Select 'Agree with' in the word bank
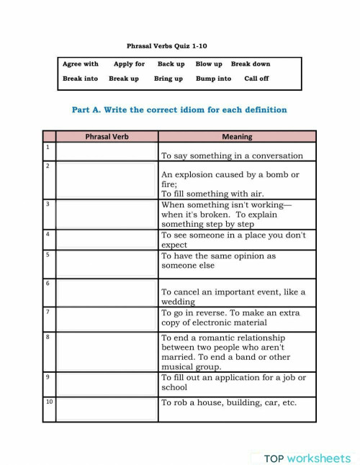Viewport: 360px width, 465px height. pyautogui.click(x=81, y=64)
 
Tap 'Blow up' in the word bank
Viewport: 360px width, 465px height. pyautogui.click(x=209, y=64)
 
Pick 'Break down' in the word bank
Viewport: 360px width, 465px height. pyautogui.click(x=251, y=64)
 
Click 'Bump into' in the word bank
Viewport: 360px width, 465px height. pyautogui.click(x=214, y=78)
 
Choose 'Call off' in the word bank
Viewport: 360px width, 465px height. pyautogui.click(x=256, y=78)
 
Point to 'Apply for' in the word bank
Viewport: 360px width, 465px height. pyautogui.click(x=129, y=64)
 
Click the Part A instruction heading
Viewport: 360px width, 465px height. pyautogui.click(x=179, y=110)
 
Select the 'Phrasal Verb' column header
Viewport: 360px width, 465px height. pyautogui.click(x=107, y=136)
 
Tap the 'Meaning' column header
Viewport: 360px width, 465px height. pyautogui.click(x=237, y=136)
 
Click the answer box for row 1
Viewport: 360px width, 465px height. pyautogui.click(x=107, y=151)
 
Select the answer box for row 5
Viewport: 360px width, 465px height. pyautogui.click(x=107, y=263)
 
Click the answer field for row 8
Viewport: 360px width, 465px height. pyautogui.click(x=107, y=352)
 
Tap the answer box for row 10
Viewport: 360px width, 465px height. pyautogui.click(x=107, y=408)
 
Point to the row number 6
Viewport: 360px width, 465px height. pyautogui.click(x=48, y=284)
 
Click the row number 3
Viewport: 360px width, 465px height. pyautogui.click(x=48, y=204)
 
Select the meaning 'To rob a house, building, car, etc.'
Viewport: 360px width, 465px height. pyautogui.click(x=229, y=403)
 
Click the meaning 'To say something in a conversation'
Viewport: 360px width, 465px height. pyautogui.click(x=232, y=155)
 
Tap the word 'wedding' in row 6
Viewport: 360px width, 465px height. pyautogui.click(x=178, y=302)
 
